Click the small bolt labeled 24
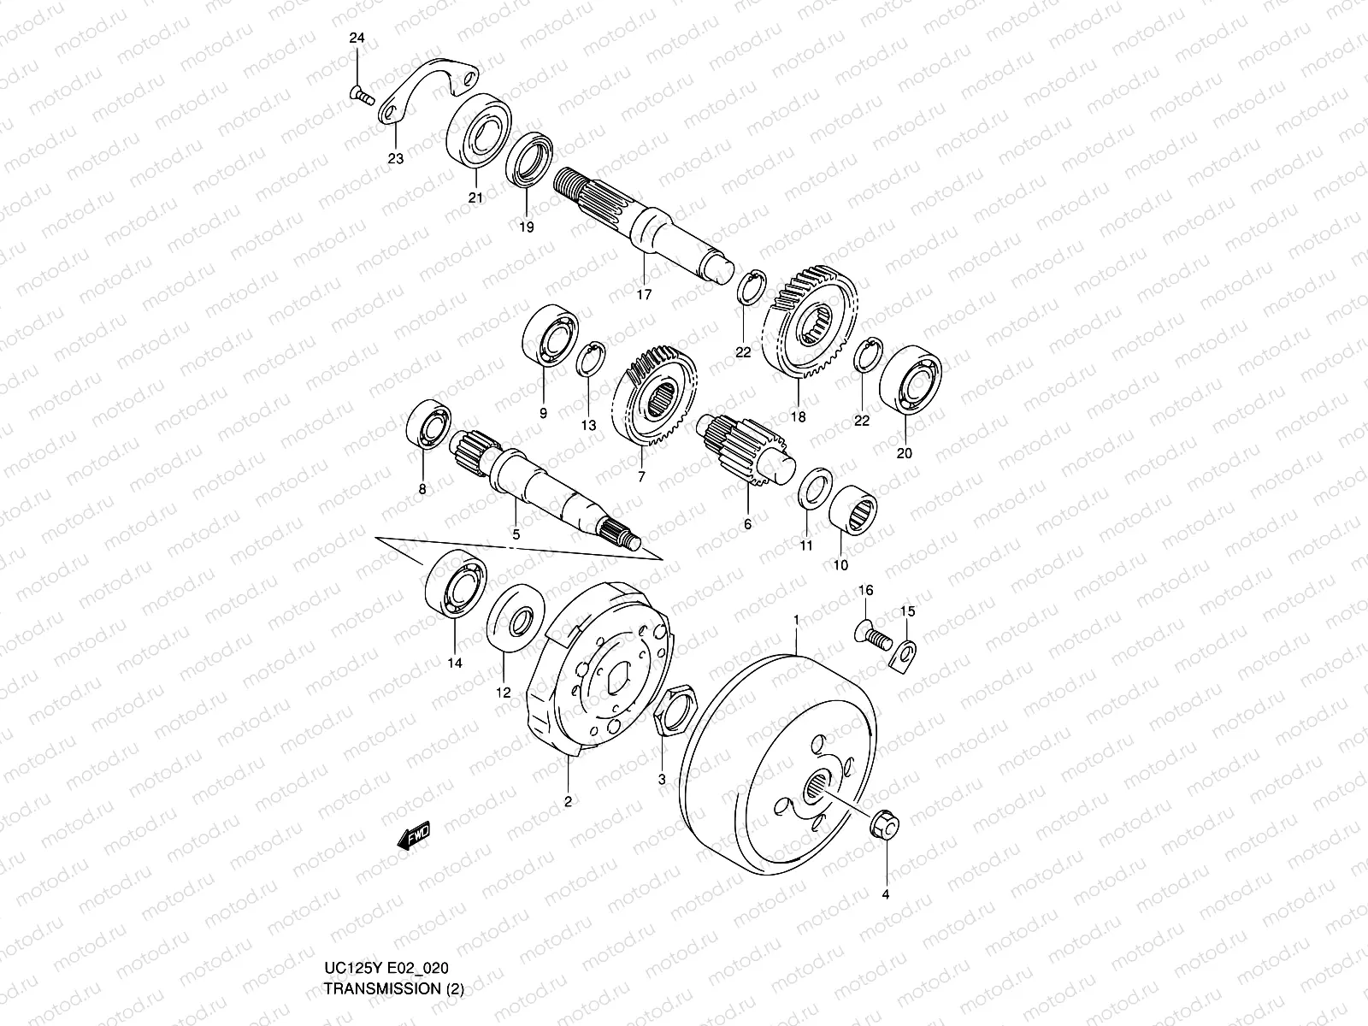[363, 96]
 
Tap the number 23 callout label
[396, 159]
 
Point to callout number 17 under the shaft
[644, 295]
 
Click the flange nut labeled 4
[884, 826]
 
